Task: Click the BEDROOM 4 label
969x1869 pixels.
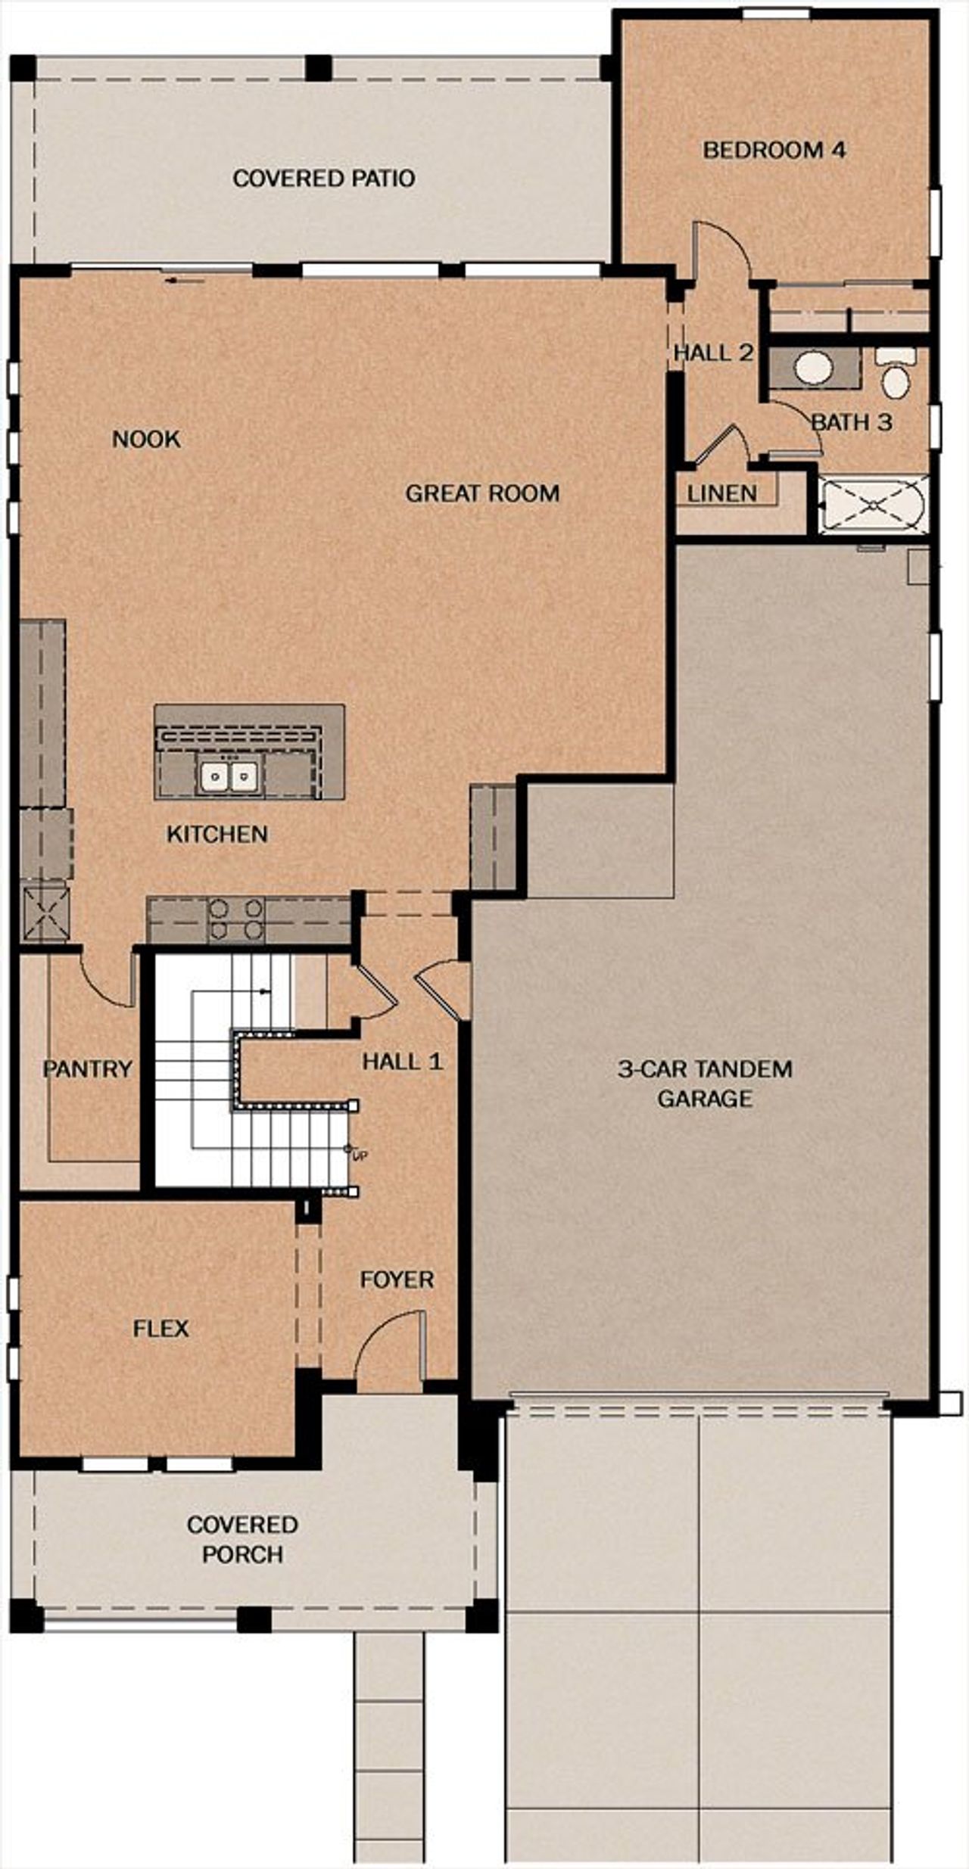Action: (774, 150)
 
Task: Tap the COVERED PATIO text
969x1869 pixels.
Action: (324, 179)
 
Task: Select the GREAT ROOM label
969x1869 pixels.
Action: (482, 493)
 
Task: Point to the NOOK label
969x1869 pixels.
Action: (146, 439)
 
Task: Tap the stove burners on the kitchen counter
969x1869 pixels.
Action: (235, 919)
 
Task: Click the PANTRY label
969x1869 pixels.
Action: (87, 1069)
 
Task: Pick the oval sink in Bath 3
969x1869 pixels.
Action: (813, 369)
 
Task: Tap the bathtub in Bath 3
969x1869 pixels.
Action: (873, 505)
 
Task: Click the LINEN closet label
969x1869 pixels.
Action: (722, 493)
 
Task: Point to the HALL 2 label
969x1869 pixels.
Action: (713, 353)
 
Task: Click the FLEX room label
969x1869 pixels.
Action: (160, 1329)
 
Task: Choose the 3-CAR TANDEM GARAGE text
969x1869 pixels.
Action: (704, 1084)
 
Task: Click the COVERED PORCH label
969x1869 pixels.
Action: (242, 1539)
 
